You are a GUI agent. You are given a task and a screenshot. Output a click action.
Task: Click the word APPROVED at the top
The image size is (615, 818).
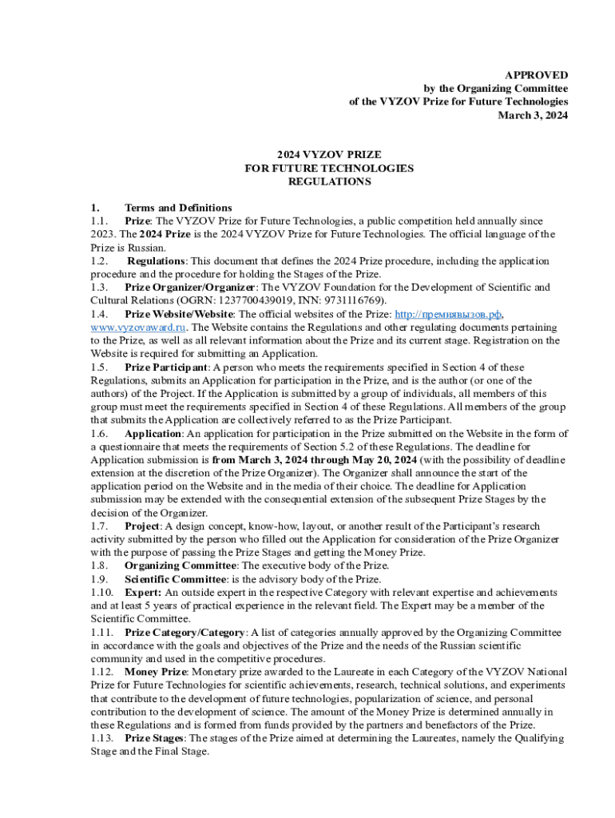pos(541,74)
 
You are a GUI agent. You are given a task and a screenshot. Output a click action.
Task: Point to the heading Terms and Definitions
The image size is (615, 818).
pos(178,208)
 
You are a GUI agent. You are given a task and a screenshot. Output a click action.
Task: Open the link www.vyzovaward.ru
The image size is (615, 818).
pos(139,328)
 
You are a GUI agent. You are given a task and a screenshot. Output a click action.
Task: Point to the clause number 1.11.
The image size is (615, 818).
pos(102,632)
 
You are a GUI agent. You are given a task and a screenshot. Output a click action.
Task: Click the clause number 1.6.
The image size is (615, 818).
pos(100,434)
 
